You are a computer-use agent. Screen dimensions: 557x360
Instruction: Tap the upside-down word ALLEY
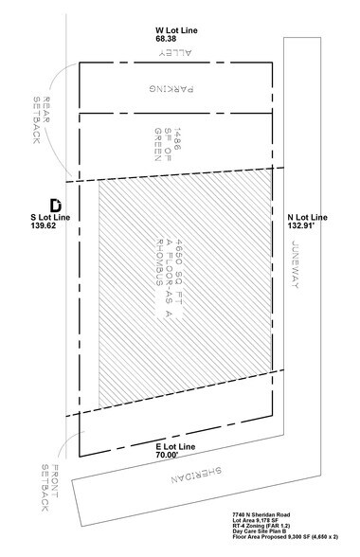(171, 55)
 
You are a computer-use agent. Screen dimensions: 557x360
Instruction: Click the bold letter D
(55, 204)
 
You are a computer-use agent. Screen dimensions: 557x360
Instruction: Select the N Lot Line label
(307, 217)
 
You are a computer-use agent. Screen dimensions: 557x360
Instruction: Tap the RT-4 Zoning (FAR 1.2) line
(269, 530)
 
